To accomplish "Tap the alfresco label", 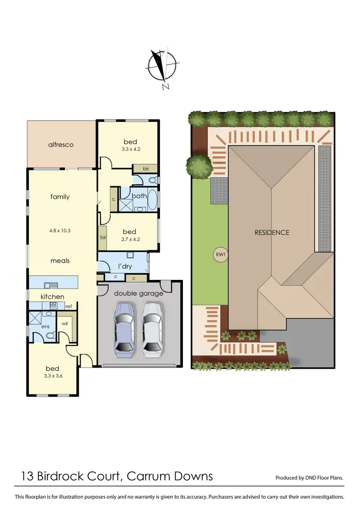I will point(60,144).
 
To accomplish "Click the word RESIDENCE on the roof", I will point(272,232).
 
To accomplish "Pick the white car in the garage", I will point(152,329).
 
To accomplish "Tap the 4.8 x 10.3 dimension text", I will point(60,230).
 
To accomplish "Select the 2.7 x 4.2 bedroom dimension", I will point(130,240).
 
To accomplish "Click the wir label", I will point(65,324).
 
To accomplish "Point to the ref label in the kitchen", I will point(69,306).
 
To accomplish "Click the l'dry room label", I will point(123,267).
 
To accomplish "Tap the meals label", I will point(60,261).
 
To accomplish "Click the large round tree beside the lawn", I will point(198,166).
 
